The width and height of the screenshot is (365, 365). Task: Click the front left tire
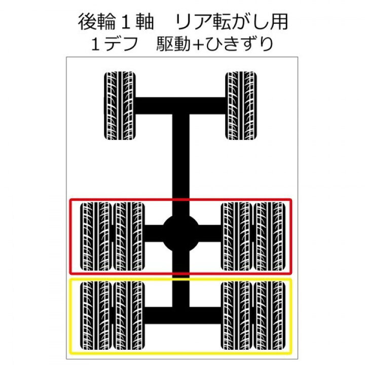point(120,105)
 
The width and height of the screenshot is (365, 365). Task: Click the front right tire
point(241,105)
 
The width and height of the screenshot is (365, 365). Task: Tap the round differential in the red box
point(180,233)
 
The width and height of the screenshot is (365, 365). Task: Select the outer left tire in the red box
point(96,236)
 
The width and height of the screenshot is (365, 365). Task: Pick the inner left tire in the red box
point(129,236)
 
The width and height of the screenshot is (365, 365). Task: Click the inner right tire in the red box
point(237,236)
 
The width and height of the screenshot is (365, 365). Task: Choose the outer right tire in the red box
point(270,236)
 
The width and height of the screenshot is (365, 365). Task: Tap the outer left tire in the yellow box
point(96,316)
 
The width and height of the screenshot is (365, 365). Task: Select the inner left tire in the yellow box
point(129,316)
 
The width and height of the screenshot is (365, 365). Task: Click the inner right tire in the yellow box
point(237,316)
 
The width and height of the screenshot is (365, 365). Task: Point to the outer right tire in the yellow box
point(270,316)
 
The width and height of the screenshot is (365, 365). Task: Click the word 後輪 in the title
point(97,22)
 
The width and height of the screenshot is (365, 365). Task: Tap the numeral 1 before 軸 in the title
point(126,22)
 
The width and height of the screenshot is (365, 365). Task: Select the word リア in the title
point(194,22)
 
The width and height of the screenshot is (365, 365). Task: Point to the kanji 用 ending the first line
point(279,22)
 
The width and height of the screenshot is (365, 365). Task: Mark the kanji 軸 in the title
point(144,22)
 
